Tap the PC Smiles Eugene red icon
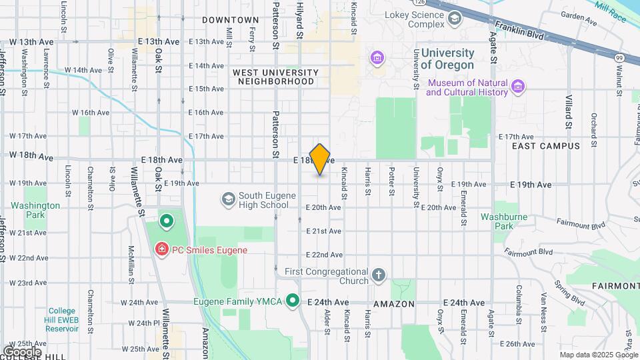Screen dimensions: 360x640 click(x=161, y=250)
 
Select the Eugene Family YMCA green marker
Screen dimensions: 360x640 click(x=292, y=301)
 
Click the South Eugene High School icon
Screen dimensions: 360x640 click(x=229, y=199)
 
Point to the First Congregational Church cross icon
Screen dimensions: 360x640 click(x=379, y=275)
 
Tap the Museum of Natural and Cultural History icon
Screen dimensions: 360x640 click(x=518, y=87)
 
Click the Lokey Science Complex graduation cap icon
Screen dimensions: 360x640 click(x=455, y=18)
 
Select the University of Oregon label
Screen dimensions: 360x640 click(x=447, y=59)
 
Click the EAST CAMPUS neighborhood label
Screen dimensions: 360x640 click(x=546, y=145)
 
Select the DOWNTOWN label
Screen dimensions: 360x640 click(x=230, y=20)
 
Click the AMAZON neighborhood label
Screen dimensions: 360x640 click(x=394, y=304)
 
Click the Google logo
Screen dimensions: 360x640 click(x=21, y=351)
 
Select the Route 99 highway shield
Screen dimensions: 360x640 click(x=619, y=59)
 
